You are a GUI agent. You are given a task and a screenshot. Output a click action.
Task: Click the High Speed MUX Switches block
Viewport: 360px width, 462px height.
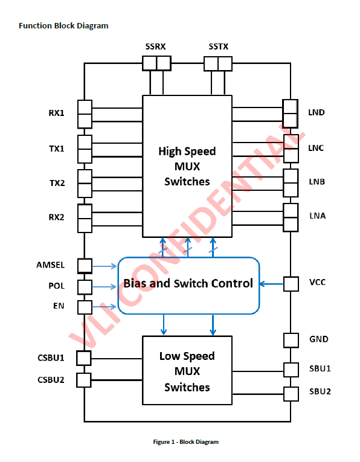187,166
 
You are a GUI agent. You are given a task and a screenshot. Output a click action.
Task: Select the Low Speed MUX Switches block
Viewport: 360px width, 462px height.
187,370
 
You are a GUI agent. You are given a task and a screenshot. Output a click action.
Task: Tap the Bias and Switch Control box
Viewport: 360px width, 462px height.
188,286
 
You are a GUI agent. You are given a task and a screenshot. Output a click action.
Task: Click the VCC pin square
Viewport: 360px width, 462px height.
291,284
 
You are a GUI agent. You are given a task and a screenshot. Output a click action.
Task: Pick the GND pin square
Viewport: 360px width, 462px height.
291,341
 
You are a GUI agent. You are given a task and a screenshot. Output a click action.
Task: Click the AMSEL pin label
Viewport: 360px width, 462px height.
50,265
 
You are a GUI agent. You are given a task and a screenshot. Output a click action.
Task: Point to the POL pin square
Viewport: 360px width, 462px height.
85,287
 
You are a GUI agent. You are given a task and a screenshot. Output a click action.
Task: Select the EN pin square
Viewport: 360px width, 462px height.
85,307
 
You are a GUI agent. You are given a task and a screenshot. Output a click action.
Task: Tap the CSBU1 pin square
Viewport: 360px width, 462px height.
84,358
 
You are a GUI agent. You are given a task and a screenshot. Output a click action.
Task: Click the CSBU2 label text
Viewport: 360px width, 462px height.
51,380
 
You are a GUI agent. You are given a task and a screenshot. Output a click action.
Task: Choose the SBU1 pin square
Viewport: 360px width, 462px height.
291,370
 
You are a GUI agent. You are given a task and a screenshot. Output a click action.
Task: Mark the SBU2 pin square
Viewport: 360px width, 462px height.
291,394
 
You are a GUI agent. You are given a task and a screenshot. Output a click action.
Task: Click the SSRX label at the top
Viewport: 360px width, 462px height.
156,47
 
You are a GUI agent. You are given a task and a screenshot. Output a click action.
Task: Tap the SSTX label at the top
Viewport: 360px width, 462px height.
219,47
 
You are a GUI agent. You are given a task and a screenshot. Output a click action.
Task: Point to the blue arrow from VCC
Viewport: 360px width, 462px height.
271,284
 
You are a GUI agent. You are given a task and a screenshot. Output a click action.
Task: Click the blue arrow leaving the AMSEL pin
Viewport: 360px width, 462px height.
105,266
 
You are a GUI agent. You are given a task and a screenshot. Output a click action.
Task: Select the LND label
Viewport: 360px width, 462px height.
317,112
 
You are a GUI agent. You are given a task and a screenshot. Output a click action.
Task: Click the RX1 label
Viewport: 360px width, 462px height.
56,113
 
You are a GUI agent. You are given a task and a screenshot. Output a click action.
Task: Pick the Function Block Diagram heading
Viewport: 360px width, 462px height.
63,25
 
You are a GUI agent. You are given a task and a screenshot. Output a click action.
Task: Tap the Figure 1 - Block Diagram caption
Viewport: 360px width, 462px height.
186,441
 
